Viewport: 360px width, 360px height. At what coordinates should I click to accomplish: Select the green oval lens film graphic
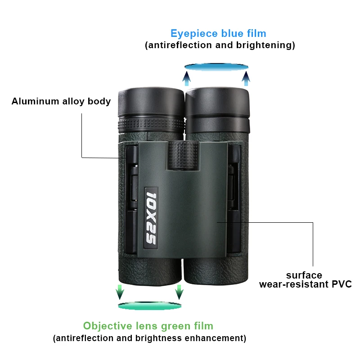[149, 306]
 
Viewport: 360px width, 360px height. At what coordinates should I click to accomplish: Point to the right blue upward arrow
[246, 79]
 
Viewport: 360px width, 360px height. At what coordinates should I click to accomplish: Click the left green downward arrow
[120, 292]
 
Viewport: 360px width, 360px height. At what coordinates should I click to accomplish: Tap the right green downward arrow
[179, 292]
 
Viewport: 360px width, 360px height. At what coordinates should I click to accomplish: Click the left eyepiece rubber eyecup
[151, 101]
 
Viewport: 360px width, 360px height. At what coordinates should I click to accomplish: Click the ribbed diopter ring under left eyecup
[151, 124]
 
